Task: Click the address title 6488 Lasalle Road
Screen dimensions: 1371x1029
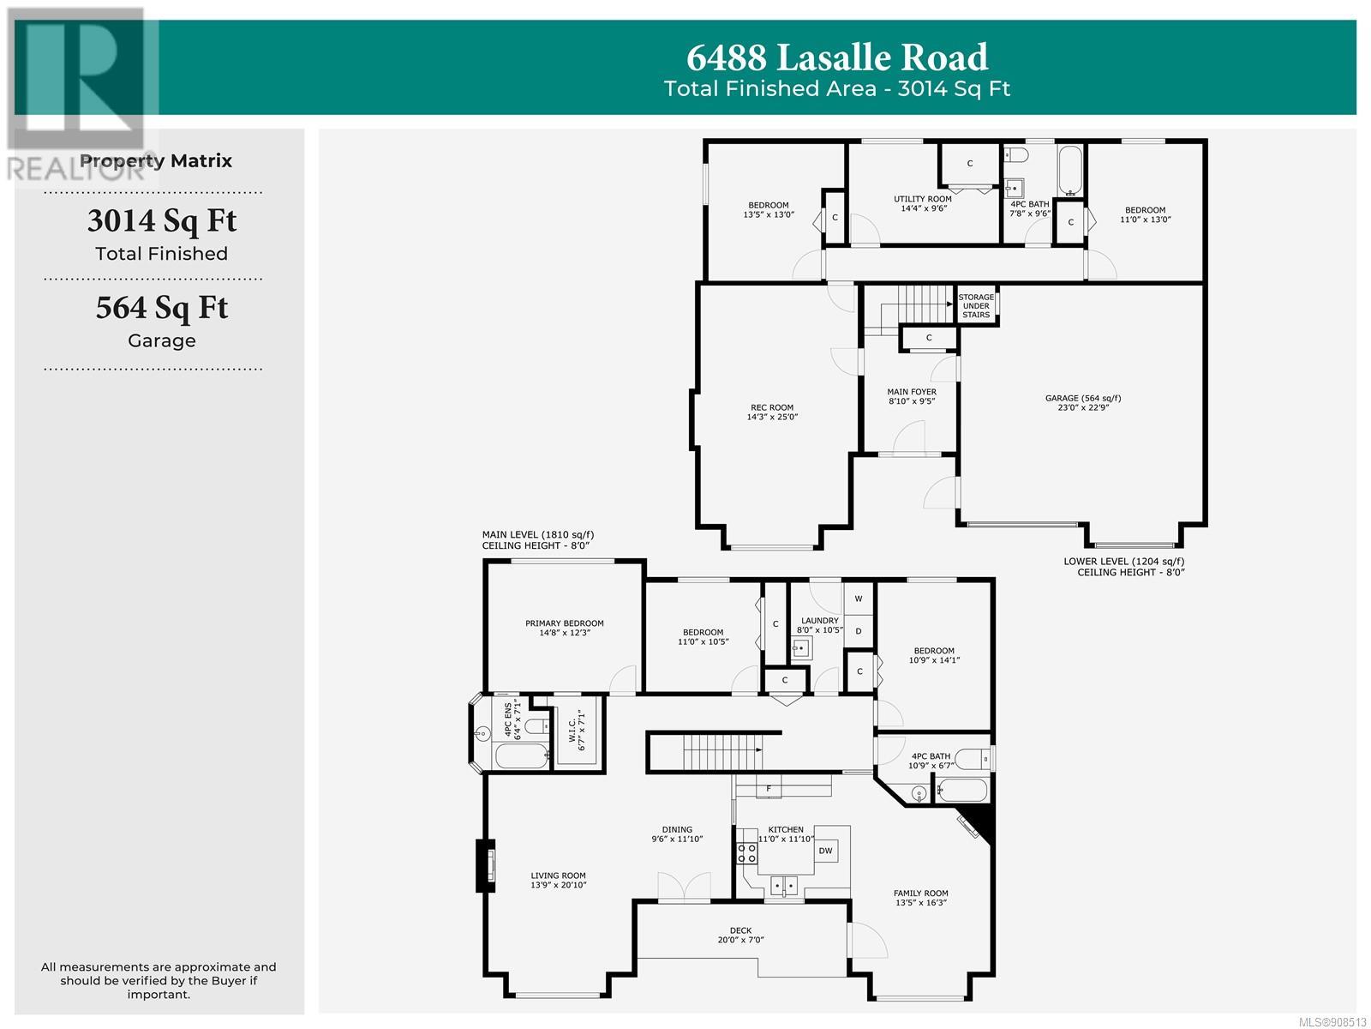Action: click(x=837, y=57)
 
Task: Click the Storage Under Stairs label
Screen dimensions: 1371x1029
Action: click(x=976, y=306)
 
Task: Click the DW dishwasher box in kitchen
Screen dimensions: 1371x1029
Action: click(x=826, y=851)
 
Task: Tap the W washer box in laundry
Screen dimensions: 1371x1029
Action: click(x=859, y=599)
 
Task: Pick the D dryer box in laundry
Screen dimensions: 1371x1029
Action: click(x=859, y=631)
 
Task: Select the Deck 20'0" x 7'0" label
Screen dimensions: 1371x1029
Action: click(x=741, y=935)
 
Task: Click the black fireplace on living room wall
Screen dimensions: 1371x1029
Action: click(x=485, y=865)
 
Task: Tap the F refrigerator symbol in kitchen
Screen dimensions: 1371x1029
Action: click(x=769, y=788)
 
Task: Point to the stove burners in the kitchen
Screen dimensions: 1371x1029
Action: click(x=746, y=853)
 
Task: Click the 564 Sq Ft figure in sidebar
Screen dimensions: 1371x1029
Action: click(x=162, y=308)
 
